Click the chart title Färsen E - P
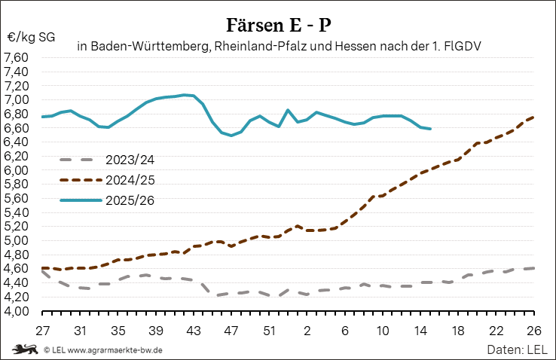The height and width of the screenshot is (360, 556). click(x=278, y=25)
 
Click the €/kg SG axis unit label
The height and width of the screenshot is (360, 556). click(x=32, y=37)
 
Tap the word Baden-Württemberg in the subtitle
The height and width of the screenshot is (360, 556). click(x=149, y=47)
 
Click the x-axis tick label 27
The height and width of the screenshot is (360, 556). click(x=42, y=330)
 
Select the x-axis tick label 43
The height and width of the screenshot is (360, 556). click(x=194, y=330)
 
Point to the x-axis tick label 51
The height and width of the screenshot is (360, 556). click(x=269, y=330)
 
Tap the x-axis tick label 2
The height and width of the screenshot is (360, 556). click(x=307, y=330)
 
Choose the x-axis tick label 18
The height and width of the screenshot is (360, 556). click(x=458, y=330)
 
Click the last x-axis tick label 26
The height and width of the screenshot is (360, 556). click(x=533, y=330)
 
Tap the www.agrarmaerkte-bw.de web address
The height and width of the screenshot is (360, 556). click(x=115, y=350)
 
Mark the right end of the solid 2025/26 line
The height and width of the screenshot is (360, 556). click(x=430, y=129)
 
